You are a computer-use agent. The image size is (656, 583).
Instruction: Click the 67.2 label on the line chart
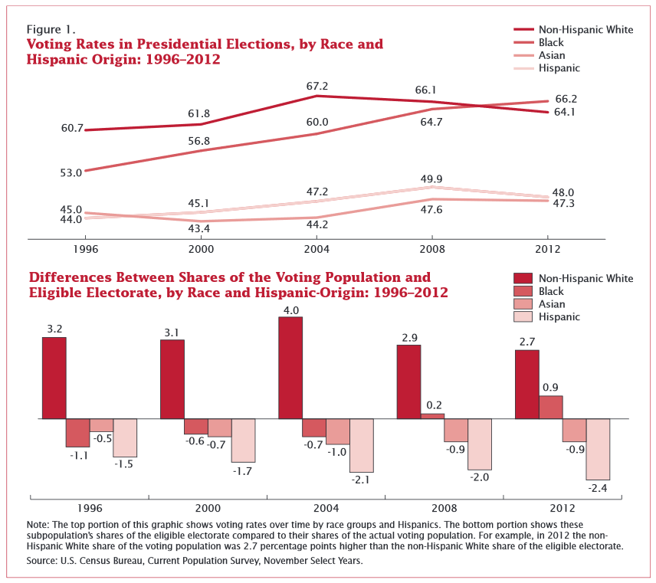pos(317,87)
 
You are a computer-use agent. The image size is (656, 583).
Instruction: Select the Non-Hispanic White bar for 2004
pos(290,368)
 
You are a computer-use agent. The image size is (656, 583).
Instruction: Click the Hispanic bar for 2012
pos(599,449)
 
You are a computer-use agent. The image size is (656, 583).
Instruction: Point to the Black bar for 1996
pos(77,433)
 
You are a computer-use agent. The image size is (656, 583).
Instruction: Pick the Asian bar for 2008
pos(456,430)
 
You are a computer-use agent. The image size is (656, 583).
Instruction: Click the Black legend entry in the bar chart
pos(551,291)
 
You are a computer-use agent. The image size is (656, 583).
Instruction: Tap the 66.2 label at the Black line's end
pos(566,99)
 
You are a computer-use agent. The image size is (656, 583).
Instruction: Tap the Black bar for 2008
pos(432,416)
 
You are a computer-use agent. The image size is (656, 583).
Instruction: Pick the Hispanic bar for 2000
pos(243,441)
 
